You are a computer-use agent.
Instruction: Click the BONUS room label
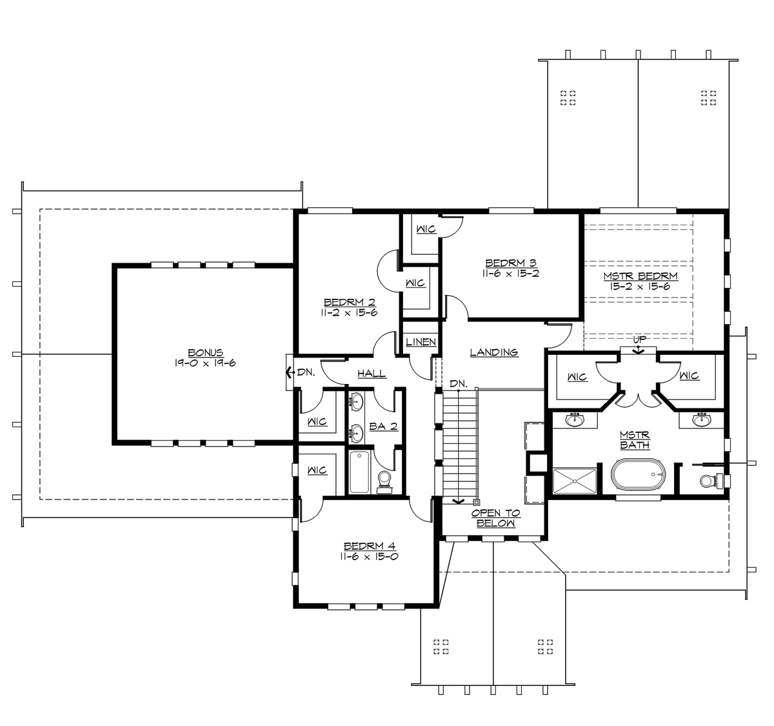[x=205, y=352]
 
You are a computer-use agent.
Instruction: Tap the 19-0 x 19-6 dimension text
[x=205, y=363]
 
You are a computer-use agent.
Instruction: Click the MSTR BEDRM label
[x=640, y=276]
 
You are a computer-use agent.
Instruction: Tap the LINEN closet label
[x=421, y=342]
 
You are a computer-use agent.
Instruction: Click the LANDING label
[x=494, y=352]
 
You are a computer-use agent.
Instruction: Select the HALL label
[x=372, y=373]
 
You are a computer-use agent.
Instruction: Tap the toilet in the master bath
[x=709, y=481]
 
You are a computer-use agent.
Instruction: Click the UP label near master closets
[x=639, y=339]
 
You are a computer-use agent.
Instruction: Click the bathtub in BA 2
[x=360, y=472]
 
